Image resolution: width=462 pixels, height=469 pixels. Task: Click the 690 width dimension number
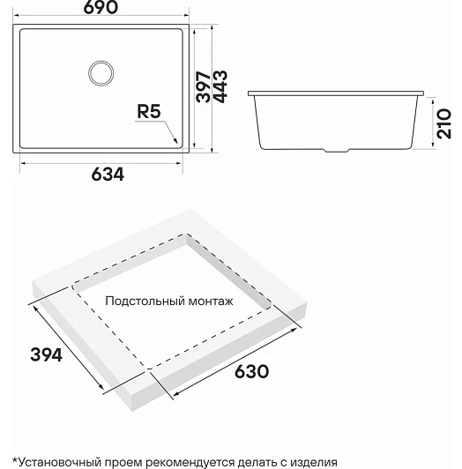[101, 7]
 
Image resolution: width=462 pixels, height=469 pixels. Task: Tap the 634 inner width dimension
[108, 175]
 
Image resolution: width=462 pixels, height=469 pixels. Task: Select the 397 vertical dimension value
[204, 86]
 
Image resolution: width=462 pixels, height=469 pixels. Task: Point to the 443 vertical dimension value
[220, 86]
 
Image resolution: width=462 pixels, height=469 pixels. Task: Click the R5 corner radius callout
[149, 111]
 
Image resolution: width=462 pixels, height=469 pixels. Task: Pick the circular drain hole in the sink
[101, 73]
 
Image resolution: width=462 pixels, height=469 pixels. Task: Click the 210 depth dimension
[444, 123]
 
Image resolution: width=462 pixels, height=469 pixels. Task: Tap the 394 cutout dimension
[47, 355]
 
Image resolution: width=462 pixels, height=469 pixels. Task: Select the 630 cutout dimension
[251, 371]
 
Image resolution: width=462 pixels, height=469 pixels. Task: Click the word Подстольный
[145, 301]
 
